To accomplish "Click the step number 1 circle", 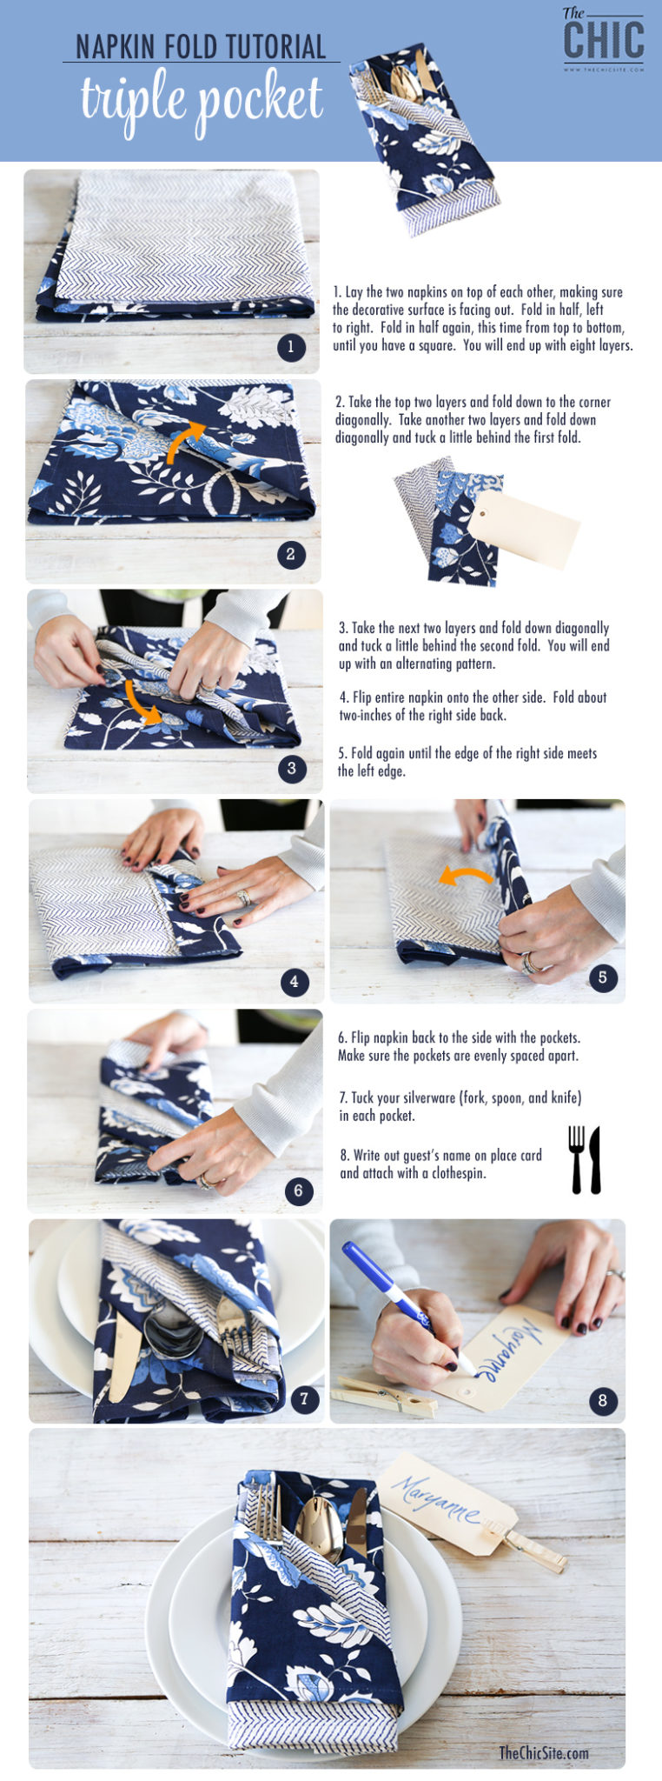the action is (x=291, y=348).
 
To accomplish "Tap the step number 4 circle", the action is (x=295, y=982).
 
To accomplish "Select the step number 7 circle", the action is (x=303, y=1399).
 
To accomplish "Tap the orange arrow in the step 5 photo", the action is (x=466, y=876).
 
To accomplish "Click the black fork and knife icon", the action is (x=585, y=1159).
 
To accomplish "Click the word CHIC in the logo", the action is (x=604, y=39).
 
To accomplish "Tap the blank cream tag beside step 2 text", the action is (x=524, y=530).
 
